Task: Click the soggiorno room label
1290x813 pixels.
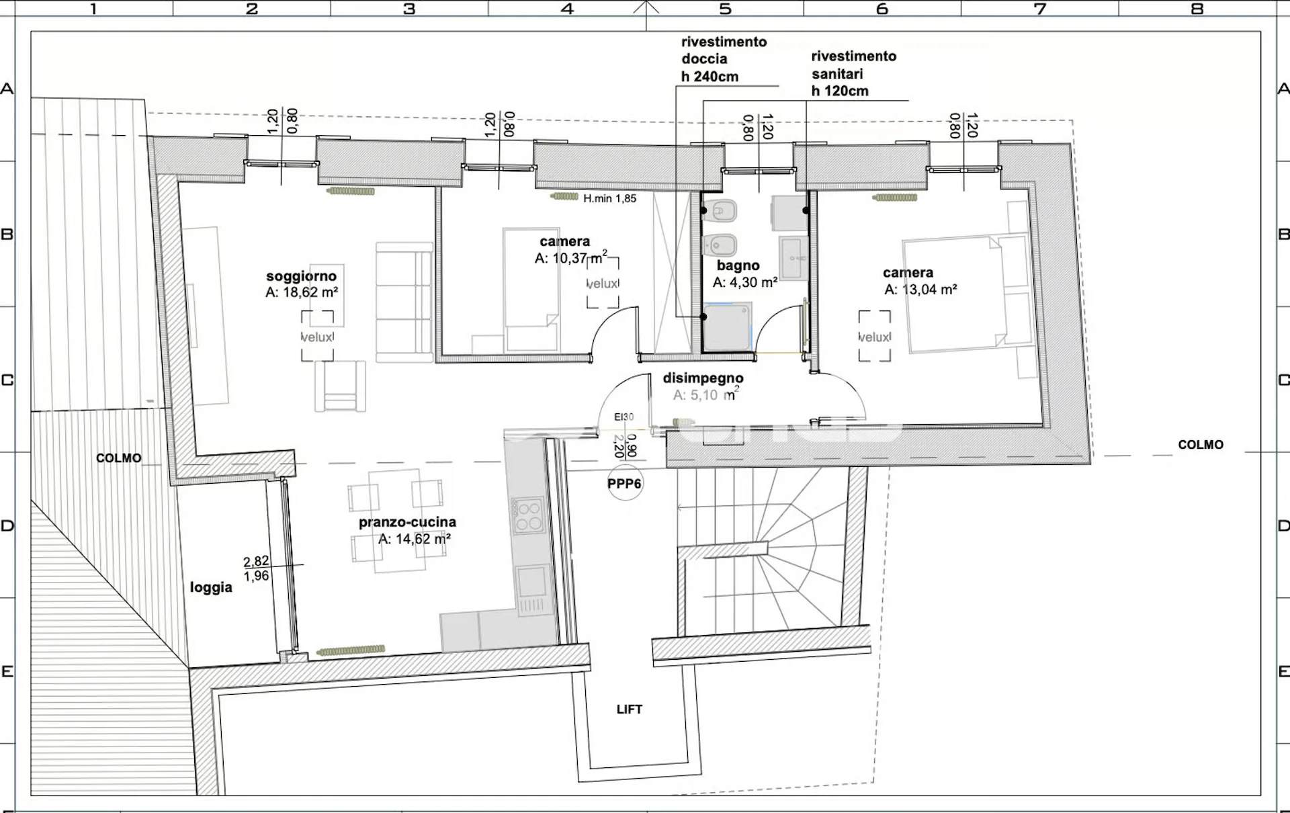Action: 301,276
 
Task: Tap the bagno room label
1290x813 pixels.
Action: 738,266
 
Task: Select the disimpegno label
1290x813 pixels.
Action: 703,378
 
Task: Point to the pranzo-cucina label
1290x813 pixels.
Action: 407,522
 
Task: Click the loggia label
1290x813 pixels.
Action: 211,587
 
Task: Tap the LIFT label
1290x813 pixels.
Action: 630,710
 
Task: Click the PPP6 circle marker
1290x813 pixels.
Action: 625,484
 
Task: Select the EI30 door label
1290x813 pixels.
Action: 623,417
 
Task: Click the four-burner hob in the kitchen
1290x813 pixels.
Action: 527,515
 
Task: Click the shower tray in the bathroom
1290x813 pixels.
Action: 727,327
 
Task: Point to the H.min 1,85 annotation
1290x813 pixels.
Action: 609,199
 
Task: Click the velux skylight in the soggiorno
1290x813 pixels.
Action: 317,336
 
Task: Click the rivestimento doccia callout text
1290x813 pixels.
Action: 724,59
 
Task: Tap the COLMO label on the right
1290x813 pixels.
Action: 1201,445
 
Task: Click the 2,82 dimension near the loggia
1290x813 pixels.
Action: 256,562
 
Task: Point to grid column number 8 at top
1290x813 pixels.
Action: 1197,9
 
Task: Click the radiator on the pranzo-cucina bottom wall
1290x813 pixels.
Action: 351,650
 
